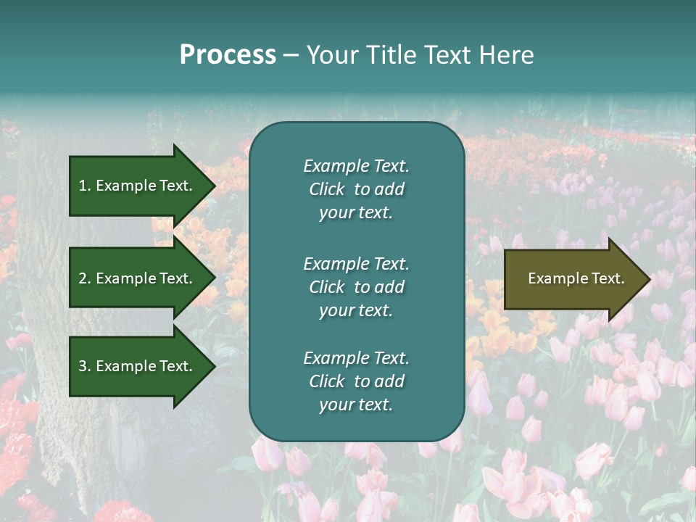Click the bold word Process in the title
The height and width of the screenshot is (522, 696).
[228, 55]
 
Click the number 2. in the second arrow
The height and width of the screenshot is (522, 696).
[85, 278]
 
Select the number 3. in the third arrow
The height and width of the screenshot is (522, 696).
[85, 366]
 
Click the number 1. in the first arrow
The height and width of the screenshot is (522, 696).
[84, 186]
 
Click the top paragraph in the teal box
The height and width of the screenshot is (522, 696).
[356, 189]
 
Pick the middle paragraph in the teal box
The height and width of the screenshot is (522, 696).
[356, 287]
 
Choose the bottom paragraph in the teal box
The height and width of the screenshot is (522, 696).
[356, 381]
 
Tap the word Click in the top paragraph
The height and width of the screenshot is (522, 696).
[326, 189]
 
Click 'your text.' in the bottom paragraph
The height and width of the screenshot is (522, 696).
[356, 405]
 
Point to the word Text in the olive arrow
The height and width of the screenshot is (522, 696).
[608, 278]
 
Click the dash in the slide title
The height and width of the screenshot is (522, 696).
[291, 55]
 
